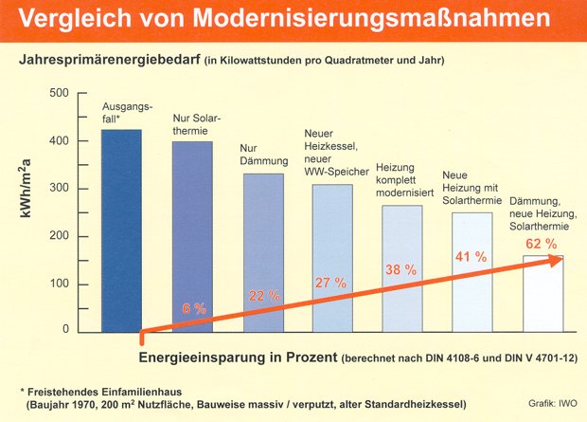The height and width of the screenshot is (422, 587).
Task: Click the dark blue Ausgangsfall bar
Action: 122,231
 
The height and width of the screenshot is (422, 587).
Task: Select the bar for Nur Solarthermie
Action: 192,237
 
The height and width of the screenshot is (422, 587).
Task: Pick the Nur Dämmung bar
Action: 263,253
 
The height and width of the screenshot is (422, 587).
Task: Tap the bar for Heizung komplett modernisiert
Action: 402,268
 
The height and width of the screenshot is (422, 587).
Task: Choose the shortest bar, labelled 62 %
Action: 543,294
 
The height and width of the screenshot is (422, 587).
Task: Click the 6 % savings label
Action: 194,309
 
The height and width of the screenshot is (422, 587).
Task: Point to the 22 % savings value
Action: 264,296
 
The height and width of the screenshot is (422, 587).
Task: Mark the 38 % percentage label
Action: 400,269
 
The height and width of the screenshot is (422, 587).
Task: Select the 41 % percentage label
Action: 471,257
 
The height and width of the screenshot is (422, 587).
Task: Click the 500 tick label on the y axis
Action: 59,93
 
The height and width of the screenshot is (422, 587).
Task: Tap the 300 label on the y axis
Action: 59,189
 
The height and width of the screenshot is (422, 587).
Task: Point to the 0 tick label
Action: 66,329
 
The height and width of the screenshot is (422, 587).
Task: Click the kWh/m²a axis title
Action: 26,189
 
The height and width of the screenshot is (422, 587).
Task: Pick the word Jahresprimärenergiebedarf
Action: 109,60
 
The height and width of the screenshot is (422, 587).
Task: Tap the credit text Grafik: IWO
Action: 553,404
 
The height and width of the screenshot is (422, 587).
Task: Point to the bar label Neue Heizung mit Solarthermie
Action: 471,188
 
